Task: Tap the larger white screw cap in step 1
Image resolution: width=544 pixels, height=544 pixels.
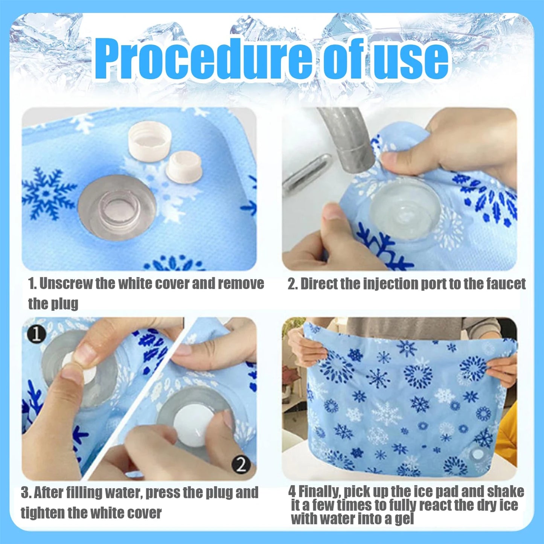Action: (149, 139)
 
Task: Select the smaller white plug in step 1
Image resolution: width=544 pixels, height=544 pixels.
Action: (184, 166)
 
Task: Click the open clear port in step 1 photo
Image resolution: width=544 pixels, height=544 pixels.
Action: (117, 207)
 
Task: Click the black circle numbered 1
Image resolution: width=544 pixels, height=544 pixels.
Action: (36, 334)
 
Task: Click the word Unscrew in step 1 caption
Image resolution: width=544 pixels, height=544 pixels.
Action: (66, 283)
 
